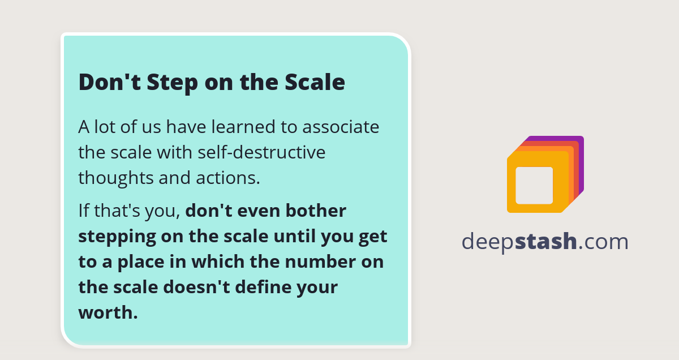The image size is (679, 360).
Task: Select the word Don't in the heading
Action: coord(110,83)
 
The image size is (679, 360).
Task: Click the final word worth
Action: coord(108,312)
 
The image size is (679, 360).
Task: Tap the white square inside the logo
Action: coord(534,185)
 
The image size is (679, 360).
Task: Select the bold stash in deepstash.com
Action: coord(546,242)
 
